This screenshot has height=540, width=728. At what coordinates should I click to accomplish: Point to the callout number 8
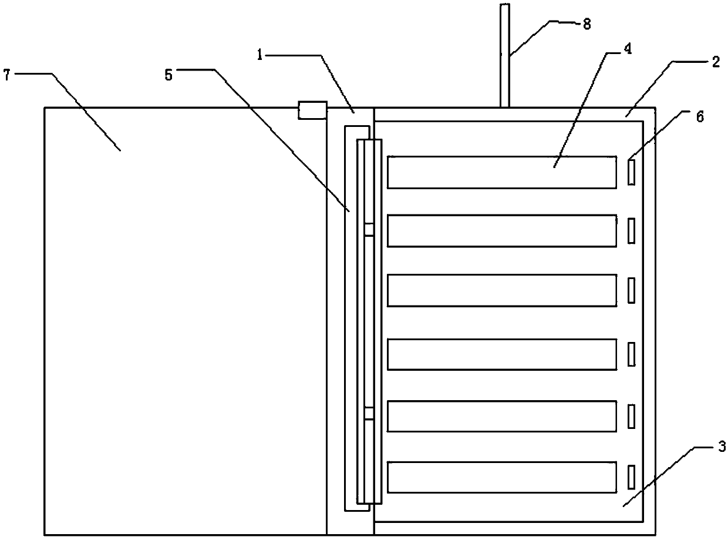click(587, 24)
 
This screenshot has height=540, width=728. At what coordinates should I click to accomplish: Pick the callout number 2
click(715, 63)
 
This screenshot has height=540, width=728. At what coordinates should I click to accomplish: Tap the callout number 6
click(698, 116)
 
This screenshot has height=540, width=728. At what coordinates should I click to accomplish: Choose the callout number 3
click(722, 447)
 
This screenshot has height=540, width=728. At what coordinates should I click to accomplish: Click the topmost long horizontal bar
click(502, 172)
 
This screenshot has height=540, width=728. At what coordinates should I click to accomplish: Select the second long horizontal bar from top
click(502, 231)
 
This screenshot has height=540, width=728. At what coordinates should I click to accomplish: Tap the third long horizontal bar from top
click(502, 290)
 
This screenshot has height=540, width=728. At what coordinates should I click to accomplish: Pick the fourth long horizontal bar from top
click(502, 354)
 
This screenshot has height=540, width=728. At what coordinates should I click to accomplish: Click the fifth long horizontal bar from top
click(502, 416)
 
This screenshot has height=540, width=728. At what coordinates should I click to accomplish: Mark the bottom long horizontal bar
click(502, 477)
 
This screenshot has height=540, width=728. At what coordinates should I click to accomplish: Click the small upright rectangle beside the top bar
click(632, 172)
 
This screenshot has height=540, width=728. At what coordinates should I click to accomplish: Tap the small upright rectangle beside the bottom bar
click(632, 477)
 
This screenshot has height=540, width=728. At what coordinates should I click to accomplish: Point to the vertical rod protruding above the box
click(504, 56)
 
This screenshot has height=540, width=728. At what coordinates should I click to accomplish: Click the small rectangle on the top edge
click(312, 110)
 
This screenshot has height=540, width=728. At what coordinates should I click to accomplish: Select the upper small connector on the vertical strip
click(368, 229)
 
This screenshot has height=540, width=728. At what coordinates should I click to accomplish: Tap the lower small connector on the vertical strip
click(368, 413)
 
